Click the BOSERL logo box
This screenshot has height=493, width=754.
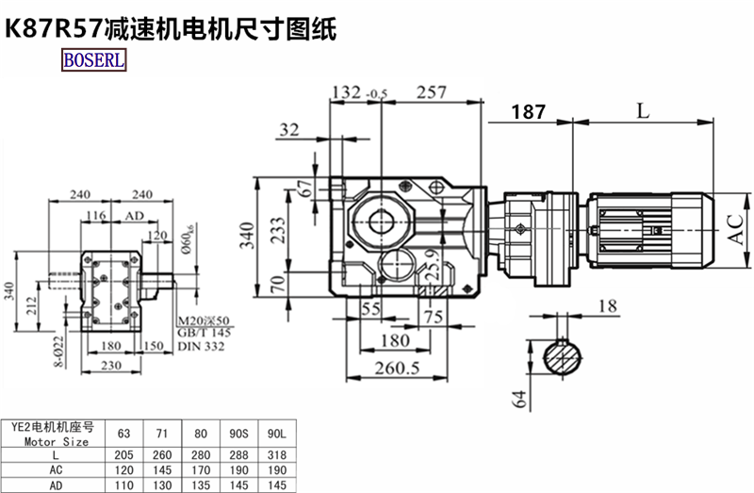(93, 61)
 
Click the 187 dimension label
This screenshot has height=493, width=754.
(529, 111)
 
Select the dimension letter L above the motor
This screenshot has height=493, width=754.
(642, 110)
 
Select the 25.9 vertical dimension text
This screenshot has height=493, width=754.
(431, 270)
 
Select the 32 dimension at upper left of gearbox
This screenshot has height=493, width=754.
(288, 129)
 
